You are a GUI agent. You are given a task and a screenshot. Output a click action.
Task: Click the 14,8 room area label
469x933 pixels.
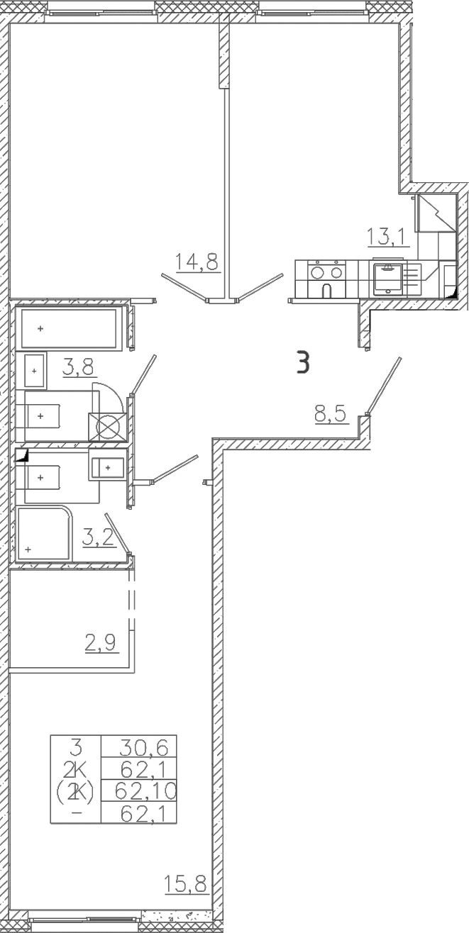[x=197, y=262]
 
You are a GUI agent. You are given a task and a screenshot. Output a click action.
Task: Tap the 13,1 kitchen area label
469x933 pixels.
[x=385, y=237]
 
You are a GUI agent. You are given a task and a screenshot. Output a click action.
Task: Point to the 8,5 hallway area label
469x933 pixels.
[x=331, y=415]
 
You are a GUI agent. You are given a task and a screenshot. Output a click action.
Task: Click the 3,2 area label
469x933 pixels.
[x=99, y=537]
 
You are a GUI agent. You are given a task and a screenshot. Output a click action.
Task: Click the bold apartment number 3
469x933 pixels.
[x=303, y=362]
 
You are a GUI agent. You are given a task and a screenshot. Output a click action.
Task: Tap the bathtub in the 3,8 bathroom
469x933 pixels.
[x=69, y=328]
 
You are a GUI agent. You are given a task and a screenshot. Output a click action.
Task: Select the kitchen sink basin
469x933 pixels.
[x=388, y=279]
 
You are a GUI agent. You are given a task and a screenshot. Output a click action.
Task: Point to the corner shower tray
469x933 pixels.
[x=43, y=533]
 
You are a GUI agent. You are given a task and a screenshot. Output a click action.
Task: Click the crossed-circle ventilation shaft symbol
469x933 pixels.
[x=107, y=427]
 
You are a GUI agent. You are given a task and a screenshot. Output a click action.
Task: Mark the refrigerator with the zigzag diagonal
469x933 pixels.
[x=435, y=213]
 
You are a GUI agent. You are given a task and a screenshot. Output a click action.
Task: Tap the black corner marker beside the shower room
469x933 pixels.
[x=21, y=455]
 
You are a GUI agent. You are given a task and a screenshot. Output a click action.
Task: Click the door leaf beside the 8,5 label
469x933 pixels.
[x=384, y=385]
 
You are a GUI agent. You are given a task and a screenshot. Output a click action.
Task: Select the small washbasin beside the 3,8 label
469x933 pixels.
[x=35, y=370]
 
